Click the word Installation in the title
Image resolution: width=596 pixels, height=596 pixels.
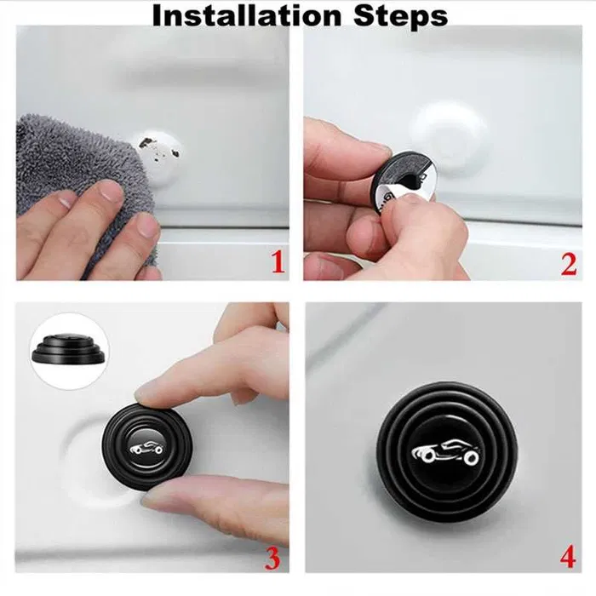coord(247,15)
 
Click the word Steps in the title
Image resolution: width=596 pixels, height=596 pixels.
coord(400,16)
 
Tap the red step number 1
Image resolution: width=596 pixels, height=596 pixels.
coord(278,262)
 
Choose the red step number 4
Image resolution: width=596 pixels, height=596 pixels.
coord(568,557)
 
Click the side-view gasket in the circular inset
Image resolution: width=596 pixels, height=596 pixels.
coord(68,348)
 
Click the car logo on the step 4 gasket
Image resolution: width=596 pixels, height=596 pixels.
coord(444,452)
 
